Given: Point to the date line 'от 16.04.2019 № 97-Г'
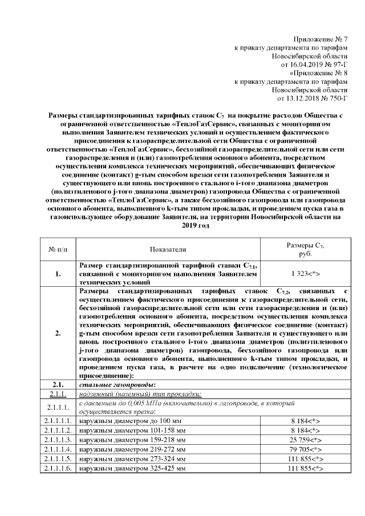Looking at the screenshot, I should coord(309,65).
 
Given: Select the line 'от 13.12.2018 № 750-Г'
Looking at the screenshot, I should coord(307,99).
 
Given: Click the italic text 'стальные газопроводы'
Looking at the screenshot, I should coord(108,385).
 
